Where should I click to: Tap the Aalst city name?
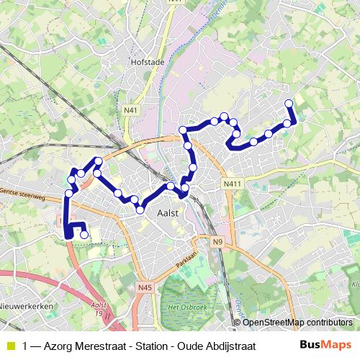coord(167,212)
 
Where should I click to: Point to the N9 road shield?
coord(218,242)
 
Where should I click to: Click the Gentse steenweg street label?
coord(23,194)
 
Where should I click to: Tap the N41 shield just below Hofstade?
coord(130,109)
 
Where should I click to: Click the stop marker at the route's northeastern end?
coord(289,103)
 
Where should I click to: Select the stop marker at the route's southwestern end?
coord(85,234)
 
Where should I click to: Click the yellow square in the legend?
coord(10,346)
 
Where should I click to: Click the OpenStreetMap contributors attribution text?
coord(297,322)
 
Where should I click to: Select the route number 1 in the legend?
coord(26,346)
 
